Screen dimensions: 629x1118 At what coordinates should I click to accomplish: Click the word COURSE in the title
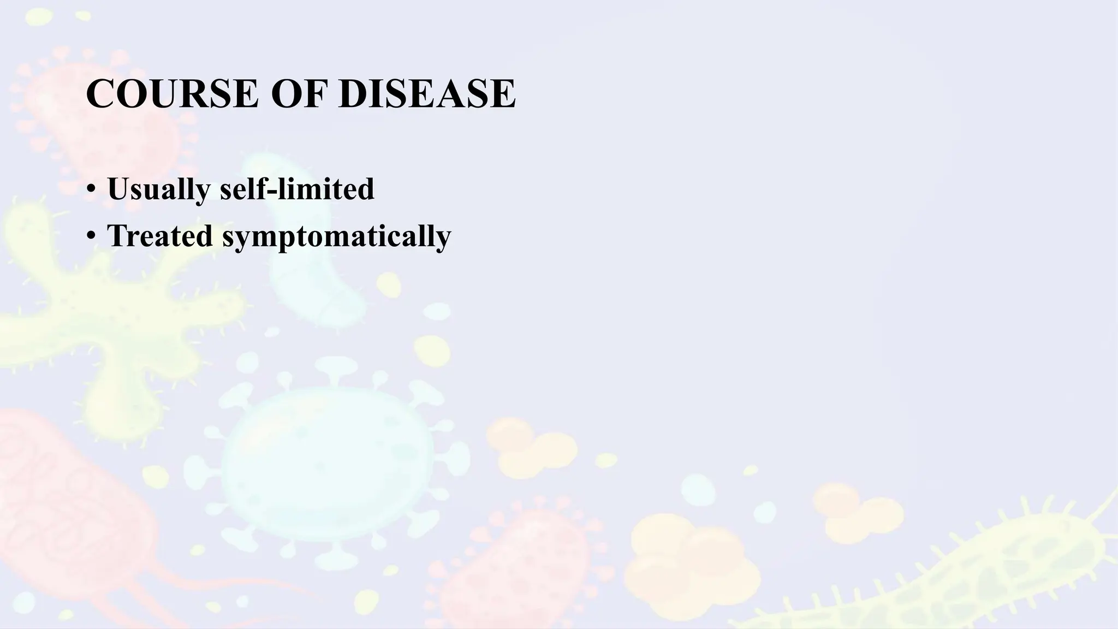pyautogui.click(x=171, y=94)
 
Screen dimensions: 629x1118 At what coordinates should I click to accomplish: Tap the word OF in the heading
pyautogui.click(x=299, y=94)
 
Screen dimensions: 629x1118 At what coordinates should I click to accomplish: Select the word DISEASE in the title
pyautogui.click(x=427, y=94)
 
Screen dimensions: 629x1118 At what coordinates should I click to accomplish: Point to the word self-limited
pyautogui.click(x=297, y=189)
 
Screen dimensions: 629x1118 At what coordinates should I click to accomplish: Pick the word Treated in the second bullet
pyautogui.click(x=160, y=236)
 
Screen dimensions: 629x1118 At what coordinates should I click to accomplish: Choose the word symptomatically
pyautogui.click(x=337, y=237)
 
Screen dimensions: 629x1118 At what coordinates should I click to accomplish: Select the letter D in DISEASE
pyautogui.click(x=353, y=94)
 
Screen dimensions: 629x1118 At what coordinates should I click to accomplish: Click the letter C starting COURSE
pyautogui.click(x=99, y=94)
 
